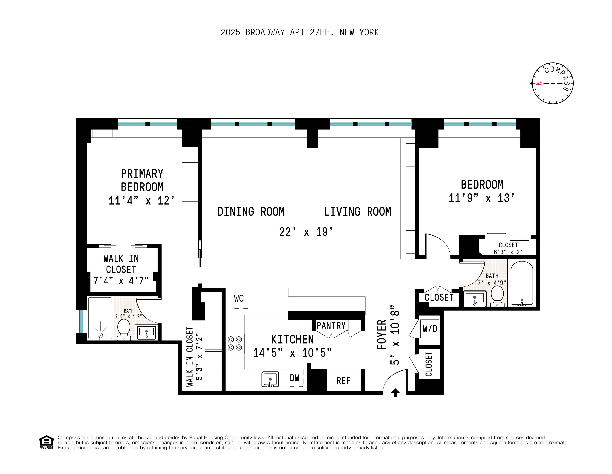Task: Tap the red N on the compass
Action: point(538,83)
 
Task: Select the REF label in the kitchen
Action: point(344,381)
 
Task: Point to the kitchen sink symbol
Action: point(270,379)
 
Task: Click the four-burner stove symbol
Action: point(235,343)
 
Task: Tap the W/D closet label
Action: point(430,329)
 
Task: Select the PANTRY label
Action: point(331,326)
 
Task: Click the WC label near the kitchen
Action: point(239,299)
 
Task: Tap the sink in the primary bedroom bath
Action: point(146,332)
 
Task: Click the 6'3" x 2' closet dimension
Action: point(508,252)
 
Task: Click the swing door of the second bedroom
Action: point(437,244)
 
